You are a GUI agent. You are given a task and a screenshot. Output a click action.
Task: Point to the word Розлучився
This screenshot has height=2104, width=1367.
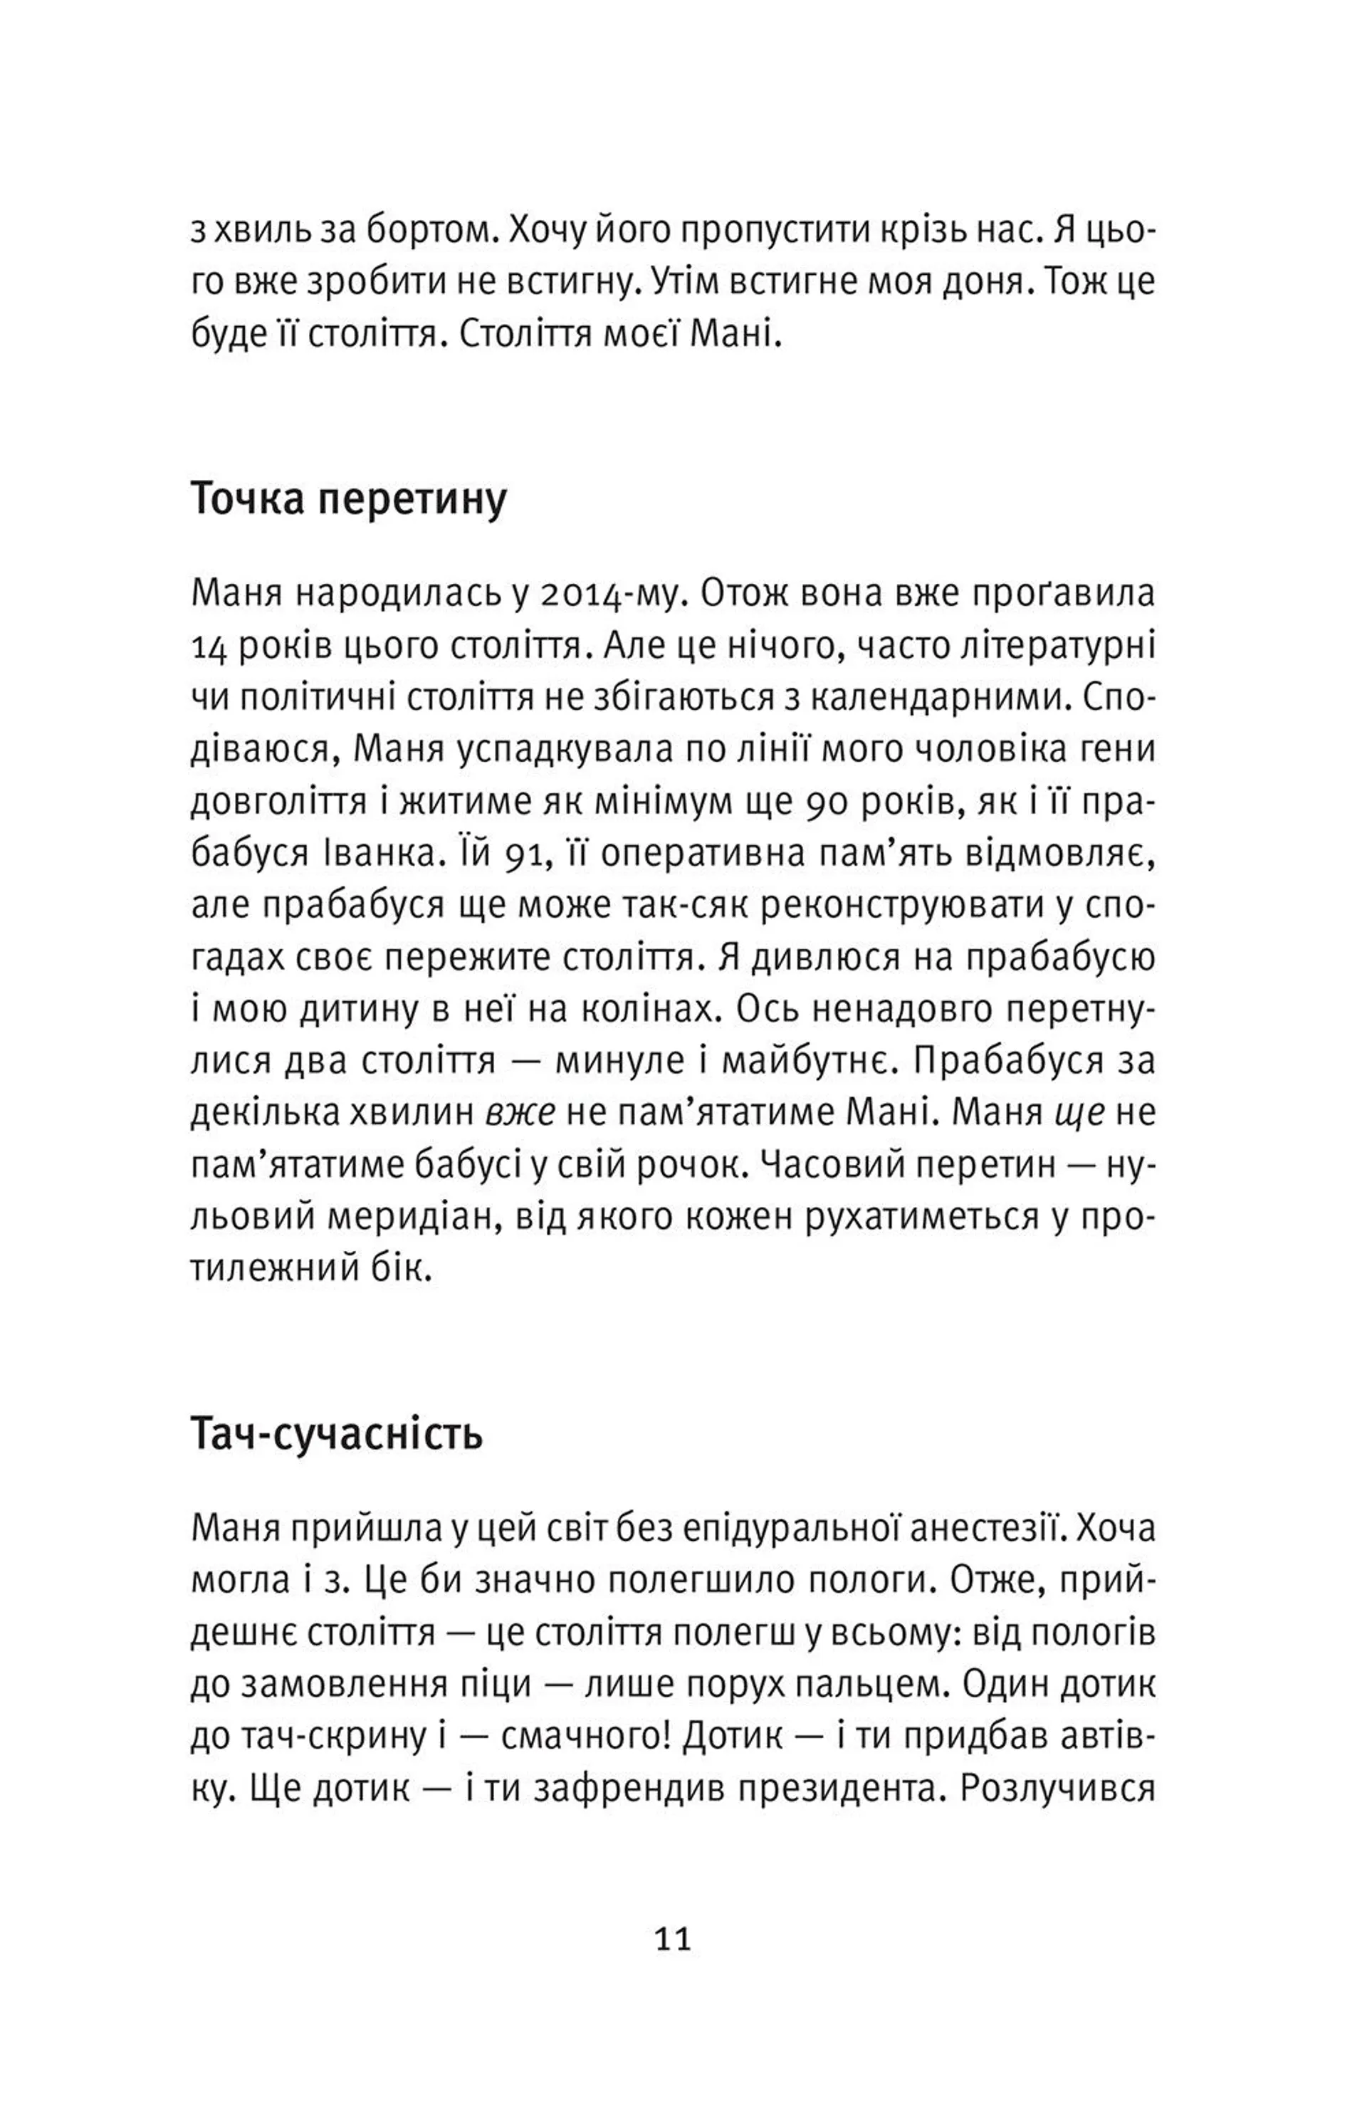coord(1057,1789)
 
